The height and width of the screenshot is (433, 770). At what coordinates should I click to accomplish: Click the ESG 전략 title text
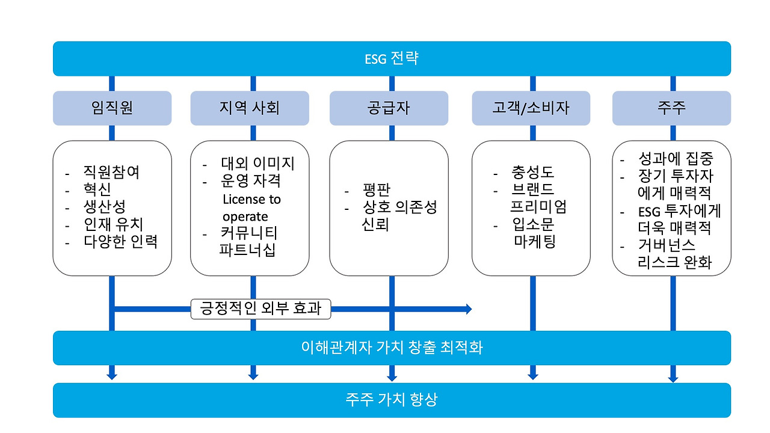(x=392, y=59)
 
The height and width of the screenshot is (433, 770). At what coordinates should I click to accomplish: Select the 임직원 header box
(x=112, y=108)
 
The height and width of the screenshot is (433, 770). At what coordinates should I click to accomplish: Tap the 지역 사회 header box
(x=250, y=108)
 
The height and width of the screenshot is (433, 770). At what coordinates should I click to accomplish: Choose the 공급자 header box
(x=389, y=108)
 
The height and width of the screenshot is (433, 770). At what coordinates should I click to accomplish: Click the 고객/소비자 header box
(x=531, y=108)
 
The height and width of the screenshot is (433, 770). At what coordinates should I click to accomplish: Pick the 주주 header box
(x=671, y=108)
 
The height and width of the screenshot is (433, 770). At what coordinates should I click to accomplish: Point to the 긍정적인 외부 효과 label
(x=261, y=309)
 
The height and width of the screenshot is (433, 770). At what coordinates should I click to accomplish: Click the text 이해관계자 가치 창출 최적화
(x=392, y=348)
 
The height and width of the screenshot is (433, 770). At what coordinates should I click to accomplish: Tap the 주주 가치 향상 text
(x=392, y=400)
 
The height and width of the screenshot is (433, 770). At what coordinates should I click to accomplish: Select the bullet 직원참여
(x=111, y=173)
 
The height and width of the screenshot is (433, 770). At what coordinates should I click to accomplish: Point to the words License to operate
(x=251, y=207)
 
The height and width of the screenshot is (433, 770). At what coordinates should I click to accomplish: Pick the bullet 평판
(x=377, y=191)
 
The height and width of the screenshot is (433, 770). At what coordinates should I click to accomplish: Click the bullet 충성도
(x=532, y=173)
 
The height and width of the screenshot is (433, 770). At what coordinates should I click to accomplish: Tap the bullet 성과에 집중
(x=675, y=159)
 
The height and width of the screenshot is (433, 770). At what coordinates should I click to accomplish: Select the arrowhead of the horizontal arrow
(x=468, y=309)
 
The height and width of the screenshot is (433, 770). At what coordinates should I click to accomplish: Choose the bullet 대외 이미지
(x=257, y=164)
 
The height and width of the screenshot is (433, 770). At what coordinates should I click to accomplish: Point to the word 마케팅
(x=534, y=242)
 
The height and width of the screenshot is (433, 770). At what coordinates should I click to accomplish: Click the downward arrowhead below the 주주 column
(x=673, y=378)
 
